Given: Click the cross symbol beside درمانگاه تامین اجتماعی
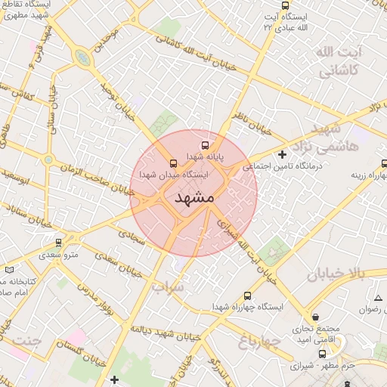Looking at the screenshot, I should coord(282,155).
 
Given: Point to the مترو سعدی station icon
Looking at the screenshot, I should coord(59,243).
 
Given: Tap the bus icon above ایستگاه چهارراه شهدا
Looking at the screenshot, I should coord(249,296).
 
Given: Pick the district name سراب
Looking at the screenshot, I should coord(168,287).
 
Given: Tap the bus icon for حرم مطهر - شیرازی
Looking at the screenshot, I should coord(323,353).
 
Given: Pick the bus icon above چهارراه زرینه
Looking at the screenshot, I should coord(384,161).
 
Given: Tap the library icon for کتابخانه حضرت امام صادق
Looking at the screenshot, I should coord(9,269).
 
